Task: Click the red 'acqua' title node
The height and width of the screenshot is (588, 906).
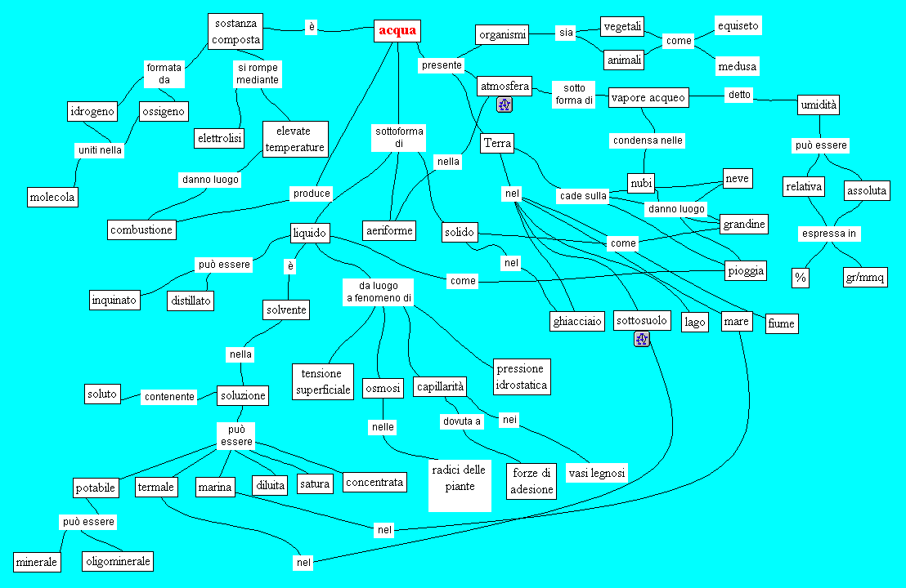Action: coord(397,31)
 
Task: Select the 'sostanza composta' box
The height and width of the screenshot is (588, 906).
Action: coord(236,32)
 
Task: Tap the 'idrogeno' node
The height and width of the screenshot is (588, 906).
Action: coord(92,111)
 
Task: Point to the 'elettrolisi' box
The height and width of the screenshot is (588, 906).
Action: coord(220,138)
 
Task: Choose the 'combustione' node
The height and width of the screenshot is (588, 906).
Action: coord(141,229)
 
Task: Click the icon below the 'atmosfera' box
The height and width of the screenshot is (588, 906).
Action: coord(505,104)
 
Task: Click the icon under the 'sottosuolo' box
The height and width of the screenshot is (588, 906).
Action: coord(642,339)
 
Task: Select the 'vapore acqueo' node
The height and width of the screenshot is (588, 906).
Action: coord(649,98)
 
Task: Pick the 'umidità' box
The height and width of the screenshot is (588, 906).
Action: coord(819,105)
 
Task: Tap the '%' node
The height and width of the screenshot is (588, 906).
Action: coord(800,278)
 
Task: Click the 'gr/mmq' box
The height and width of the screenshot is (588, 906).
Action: coord(865,278)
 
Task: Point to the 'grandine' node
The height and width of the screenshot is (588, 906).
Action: coord(744,224)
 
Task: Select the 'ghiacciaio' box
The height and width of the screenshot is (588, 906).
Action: coord(577,321)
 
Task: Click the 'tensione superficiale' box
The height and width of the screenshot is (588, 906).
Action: coord(323,382)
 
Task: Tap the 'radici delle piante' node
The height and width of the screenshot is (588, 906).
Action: coord(460,479)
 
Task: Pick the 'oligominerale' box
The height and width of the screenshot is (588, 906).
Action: coord(119,562)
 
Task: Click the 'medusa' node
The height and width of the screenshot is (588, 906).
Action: coord(737,65)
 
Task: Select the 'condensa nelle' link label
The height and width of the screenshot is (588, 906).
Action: coord(648,140)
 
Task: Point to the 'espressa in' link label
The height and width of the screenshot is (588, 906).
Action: coord(829,234)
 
